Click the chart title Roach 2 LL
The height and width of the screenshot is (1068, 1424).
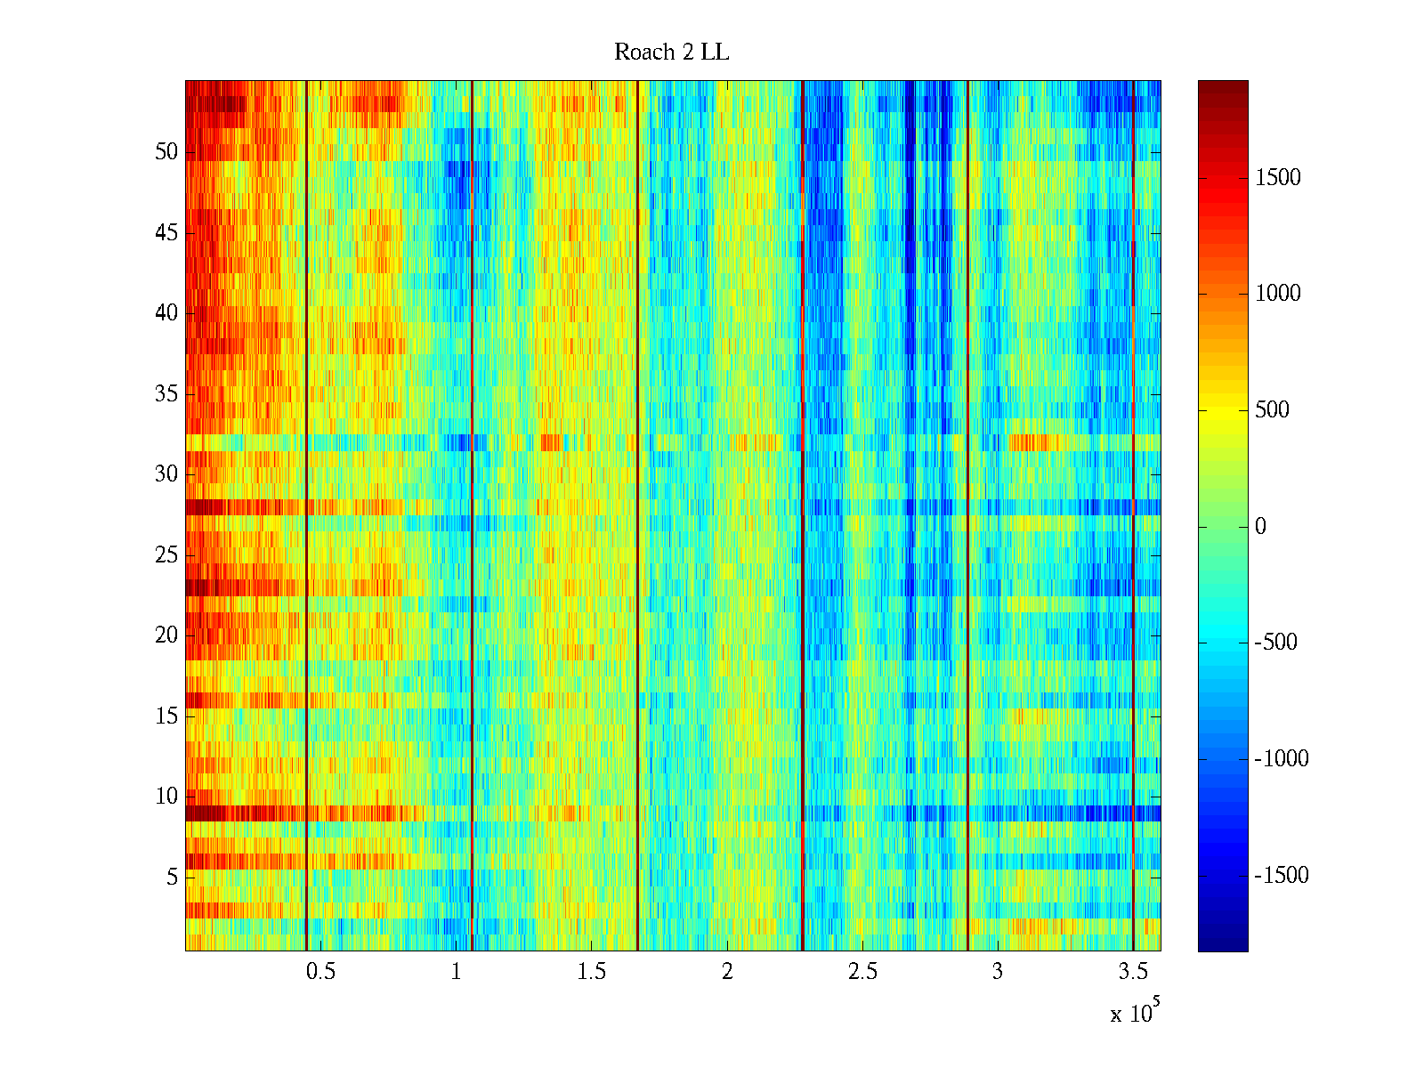coord(671,53)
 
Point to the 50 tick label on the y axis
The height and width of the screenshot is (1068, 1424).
coord(166,152)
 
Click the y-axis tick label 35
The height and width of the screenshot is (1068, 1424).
coord(166,393)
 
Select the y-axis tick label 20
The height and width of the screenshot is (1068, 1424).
coord(166,635)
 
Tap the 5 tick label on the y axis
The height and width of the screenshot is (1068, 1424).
coord(172,877)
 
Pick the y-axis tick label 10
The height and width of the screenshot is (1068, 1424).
coord(166,797)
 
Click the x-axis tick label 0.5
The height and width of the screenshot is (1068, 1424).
coord(320,972)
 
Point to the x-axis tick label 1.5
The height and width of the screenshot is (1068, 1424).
coord(591,972)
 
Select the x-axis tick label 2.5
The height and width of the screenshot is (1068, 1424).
coord(862,972)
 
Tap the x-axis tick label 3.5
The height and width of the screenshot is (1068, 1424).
coord(1132,972)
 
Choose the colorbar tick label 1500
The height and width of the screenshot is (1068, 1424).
coord(1278,178)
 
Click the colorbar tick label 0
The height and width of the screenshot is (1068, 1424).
coord(1260,527)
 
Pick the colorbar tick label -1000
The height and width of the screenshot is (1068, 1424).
coord(1282,759)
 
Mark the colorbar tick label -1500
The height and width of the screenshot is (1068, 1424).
coord(1282,876)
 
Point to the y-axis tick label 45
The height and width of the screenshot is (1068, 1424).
coord(166,233)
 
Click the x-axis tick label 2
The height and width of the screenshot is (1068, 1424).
coord(727,972)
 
